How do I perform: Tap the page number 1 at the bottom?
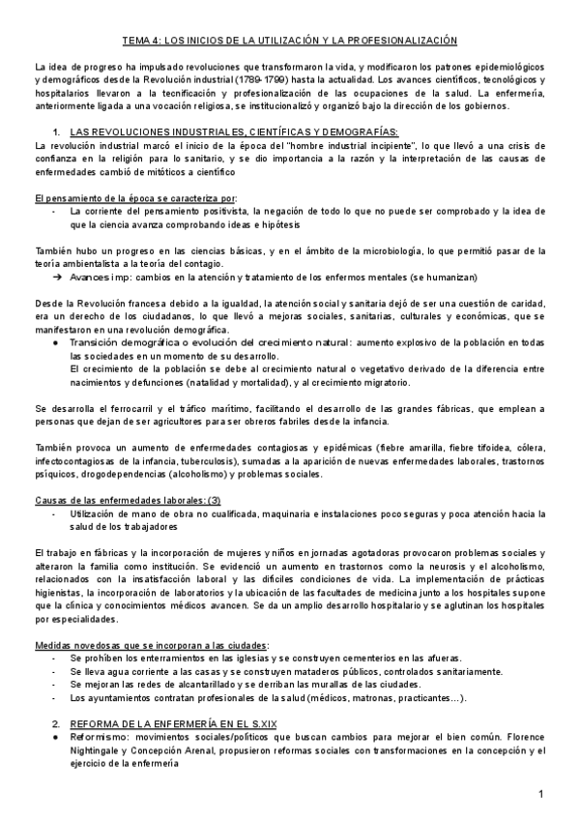click(542, 794)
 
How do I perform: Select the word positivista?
click(233, 210)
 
